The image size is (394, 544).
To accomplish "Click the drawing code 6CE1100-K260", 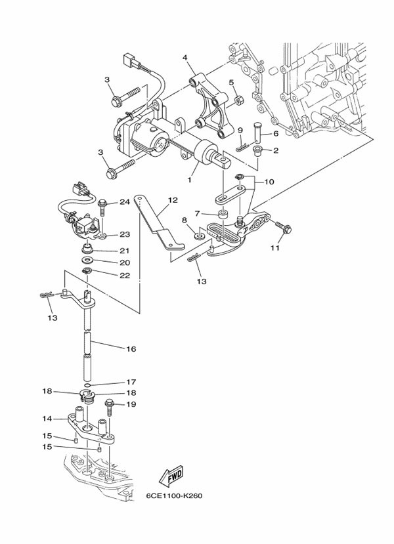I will coord(174,496).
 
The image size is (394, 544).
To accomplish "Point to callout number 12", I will coord(172,200).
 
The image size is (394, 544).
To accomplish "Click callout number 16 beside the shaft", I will coord(131,349).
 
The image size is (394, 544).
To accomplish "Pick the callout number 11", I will coord(275,249).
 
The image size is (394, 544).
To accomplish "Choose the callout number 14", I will coord(47,418).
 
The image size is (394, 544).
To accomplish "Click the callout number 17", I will coord(131,381).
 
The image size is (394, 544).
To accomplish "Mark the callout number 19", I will coord(131,404).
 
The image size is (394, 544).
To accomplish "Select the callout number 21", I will coord(124,251).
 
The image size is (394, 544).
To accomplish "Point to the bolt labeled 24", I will coord(102,209).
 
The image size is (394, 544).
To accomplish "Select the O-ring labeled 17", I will coord(88,383).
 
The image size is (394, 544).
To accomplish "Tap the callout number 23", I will coord(124,234).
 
